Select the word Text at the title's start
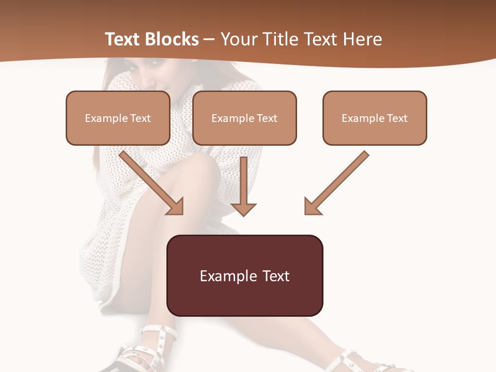tap(123, 39)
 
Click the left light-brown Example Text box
tap(118, 118)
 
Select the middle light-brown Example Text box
tap(244, 118)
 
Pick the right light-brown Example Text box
tap(375, 118)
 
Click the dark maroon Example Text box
tap(244, 275)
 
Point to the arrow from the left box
tap(150, 181)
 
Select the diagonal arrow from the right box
tap(338, 181)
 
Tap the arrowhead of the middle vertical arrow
tap(243, 209)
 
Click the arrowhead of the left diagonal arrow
tap(176, 207)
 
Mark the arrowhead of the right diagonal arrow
tap(312, 207)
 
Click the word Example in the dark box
tap(228, 276)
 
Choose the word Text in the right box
tap(397, 118)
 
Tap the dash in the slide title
tap(209, 39)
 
